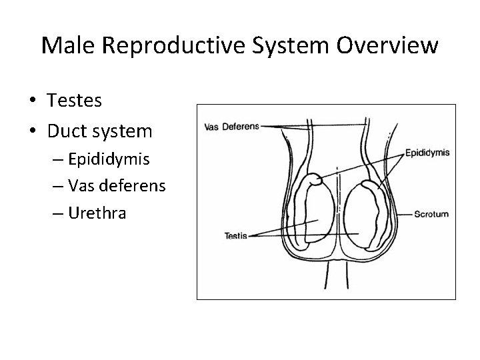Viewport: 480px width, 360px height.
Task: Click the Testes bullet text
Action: click(x=75, y=101)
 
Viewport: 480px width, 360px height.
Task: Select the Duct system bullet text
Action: click(x=99, y=131)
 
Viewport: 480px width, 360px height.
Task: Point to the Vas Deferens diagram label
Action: click(x=231, y=126)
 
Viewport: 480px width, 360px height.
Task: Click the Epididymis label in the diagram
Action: click(x=427, y=153)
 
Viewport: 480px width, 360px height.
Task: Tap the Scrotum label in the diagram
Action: click(x=431, y=214)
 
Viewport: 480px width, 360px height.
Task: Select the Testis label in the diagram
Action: click(x=237, y=236)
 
